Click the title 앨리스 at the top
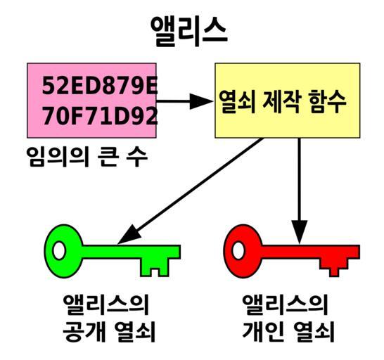[188, 32]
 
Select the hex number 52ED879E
[99, 86]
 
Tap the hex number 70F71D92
[99, 115]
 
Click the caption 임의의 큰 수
[87, 157]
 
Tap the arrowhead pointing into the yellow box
[201, 101]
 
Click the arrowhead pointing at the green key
[129, 235]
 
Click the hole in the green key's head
[59, 250]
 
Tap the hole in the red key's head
[238, 250]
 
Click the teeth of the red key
[333, 267]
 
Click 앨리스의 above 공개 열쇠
[105, 304]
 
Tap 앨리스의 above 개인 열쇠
[285, 304]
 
